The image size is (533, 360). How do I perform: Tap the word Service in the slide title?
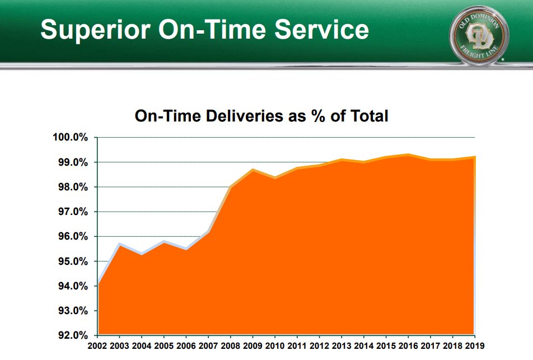pyautogui.click(x=320, y=29)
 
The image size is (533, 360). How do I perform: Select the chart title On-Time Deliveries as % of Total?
pyautogui.click(x=261, y=116)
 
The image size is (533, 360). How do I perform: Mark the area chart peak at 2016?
pyautogui.click(x=408, y=155)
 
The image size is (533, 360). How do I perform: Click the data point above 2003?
pyautogui.click(x=120, y=244)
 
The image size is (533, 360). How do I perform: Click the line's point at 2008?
pyautogui.click(x=231, y=187)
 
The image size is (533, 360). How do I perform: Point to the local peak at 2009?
pyautogui.click(x=253, y=170)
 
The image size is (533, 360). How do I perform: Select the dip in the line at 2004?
pyautogui.click(x=142, y=254)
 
